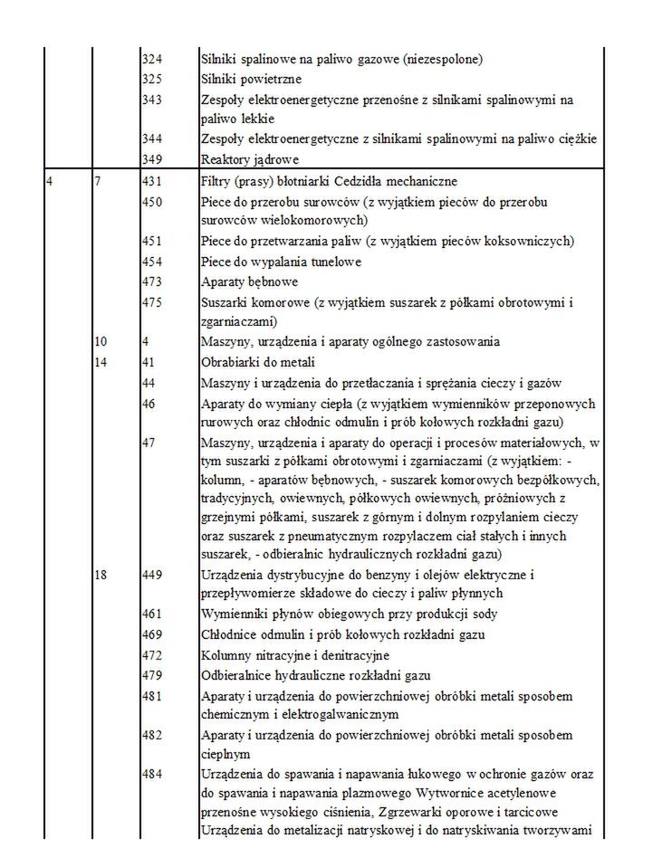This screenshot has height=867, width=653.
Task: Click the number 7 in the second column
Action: pos(98,182)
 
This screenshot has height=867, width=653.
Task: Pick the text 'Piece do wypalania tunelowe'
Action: pos(281,262)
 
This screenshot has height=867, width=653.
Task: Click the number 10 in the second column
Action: pos(101,341)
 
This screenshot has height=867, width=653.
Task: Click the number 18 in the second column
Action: pos(101,575)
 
